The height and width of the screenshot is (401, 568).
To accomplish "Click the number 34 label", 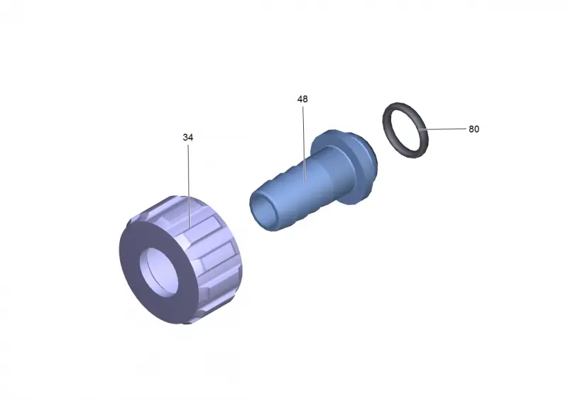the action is point(187,137).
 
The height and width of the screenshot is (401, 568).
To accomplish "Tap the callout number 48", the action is point(302,99).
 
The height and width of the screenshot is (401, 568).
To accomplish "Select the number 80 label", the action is point(474,129).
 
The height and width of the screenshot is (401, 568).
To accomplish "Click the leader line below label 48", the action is point(304,144).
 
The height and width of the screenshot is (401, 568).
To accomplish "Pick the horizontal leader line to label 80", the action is point(442,128).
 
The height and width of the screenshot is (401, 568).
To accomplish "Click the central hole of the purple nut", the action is point(158,273).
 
